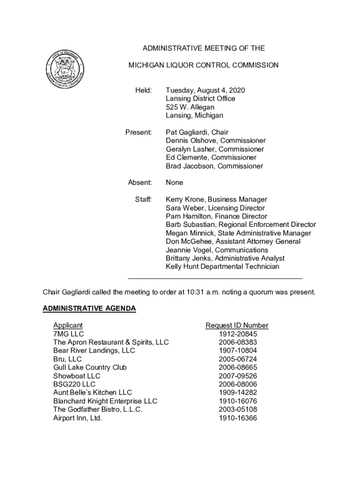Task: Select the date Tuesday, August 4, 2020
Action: (x=205, y=90)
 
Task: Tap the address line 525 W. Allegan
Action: (x=190, y=107)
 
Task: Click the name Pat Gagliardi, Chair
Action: (x=197, y=132)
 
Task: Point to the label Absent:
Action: (x=140, y=183)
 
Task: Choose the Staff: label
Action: (x=143, y=200)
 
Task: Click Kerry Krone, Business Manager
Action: (x=216, y=200)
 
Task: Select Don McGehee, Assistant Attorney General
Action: (x=233, y=241)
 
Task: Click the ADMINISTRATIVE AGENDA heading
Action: (x=89, y=309)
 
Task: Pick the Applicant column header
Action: (x=68, y=325)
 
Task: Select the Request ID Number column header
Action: (x=237, y=325)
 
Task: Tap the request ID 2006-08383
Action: (x=238, y=342)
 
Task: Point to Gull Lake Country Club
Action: (x=90, y=367)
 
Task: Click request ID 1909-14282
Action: (x=238, y=393)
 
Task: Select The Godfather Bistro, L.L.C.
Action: (x=98, y=410)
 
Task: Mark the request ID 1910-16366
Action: (x=238, y=418)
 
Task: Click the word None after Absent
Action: (x=174, y=183)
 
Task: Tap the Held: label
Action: (x=143, y=90)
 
